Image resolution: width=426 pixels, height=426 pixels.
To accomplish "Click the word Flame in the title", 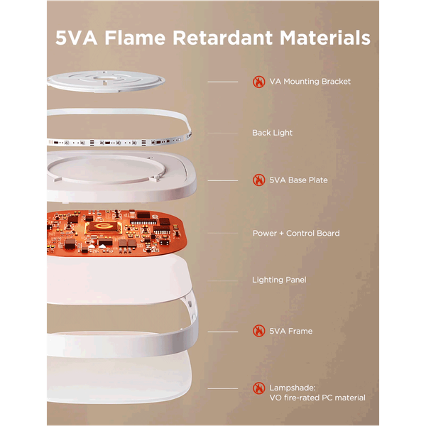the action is pyautogui.click(x=135, y=38).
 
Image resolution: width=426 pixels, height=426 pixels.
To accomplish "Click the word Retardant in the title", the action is pyautogui.click(x=222, y=38).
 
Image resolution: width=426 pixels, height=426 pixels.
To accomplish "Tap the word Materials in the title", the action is pyautogui.click(x=325, y=38).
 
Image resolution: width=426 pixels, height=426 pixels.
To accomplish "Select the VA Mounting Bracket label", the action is pyautogui.click(x=310, y=82).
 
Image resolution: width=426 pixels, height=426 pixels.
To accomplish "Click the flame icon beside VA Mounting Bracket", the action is pyautogui.click(x=258, y=82).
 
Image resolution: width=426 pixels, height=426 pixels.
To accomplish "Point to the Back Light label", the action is pyautogui.click(x=272, y=133).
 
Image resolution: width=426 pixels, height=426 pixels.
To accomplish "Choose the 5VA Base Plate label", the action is pyautogui.click(x=298, y=180).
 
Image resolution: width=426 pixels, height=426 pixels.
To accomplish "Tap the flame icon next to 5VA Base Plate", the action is pyautogui.click(x=258, y=180).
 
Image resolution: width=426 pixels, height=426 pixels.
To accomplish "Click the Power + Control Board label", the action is pyautogui.click(x=296, y=234).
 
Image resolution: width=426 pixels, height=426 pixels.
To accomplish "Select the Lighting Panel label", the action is pyautogui.click(x=279, y=280).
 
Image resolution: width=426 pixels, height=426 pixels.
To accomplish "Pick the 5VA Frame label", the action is pyautogui.click(x=290, y=331).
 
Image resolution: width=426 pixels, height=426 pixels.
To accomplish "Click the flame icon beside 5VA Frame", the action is pyautogui.click(x=258, y=331).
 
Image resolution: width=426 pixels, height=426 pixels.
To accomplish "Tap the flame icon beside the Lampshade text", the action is pyautogui.click(x=258, y=388).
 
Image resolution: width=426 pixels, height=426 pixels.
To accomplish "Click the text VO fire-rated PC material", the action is pyautogui.click(x=317, y=398).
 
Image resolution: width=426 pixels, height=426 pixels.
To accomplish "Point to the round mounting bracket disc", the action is pyautogui.click(x=106, y=82).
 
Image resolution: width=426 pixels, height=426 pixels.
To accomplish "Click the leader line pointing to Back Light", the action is pyautogui.click(x=223, y=133).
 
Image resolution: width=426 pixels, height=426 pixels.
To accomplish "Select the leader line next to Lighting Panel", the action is pyautogui.click(x=223, y=280).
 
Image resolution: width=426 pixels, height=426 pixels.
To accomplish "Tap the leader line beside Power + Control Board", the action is pyautogui.click(x=223, y=233).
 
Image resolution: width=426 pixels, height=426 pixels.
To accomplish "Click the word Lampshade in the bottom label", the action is pyautogui.click(x=293, y=388).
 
